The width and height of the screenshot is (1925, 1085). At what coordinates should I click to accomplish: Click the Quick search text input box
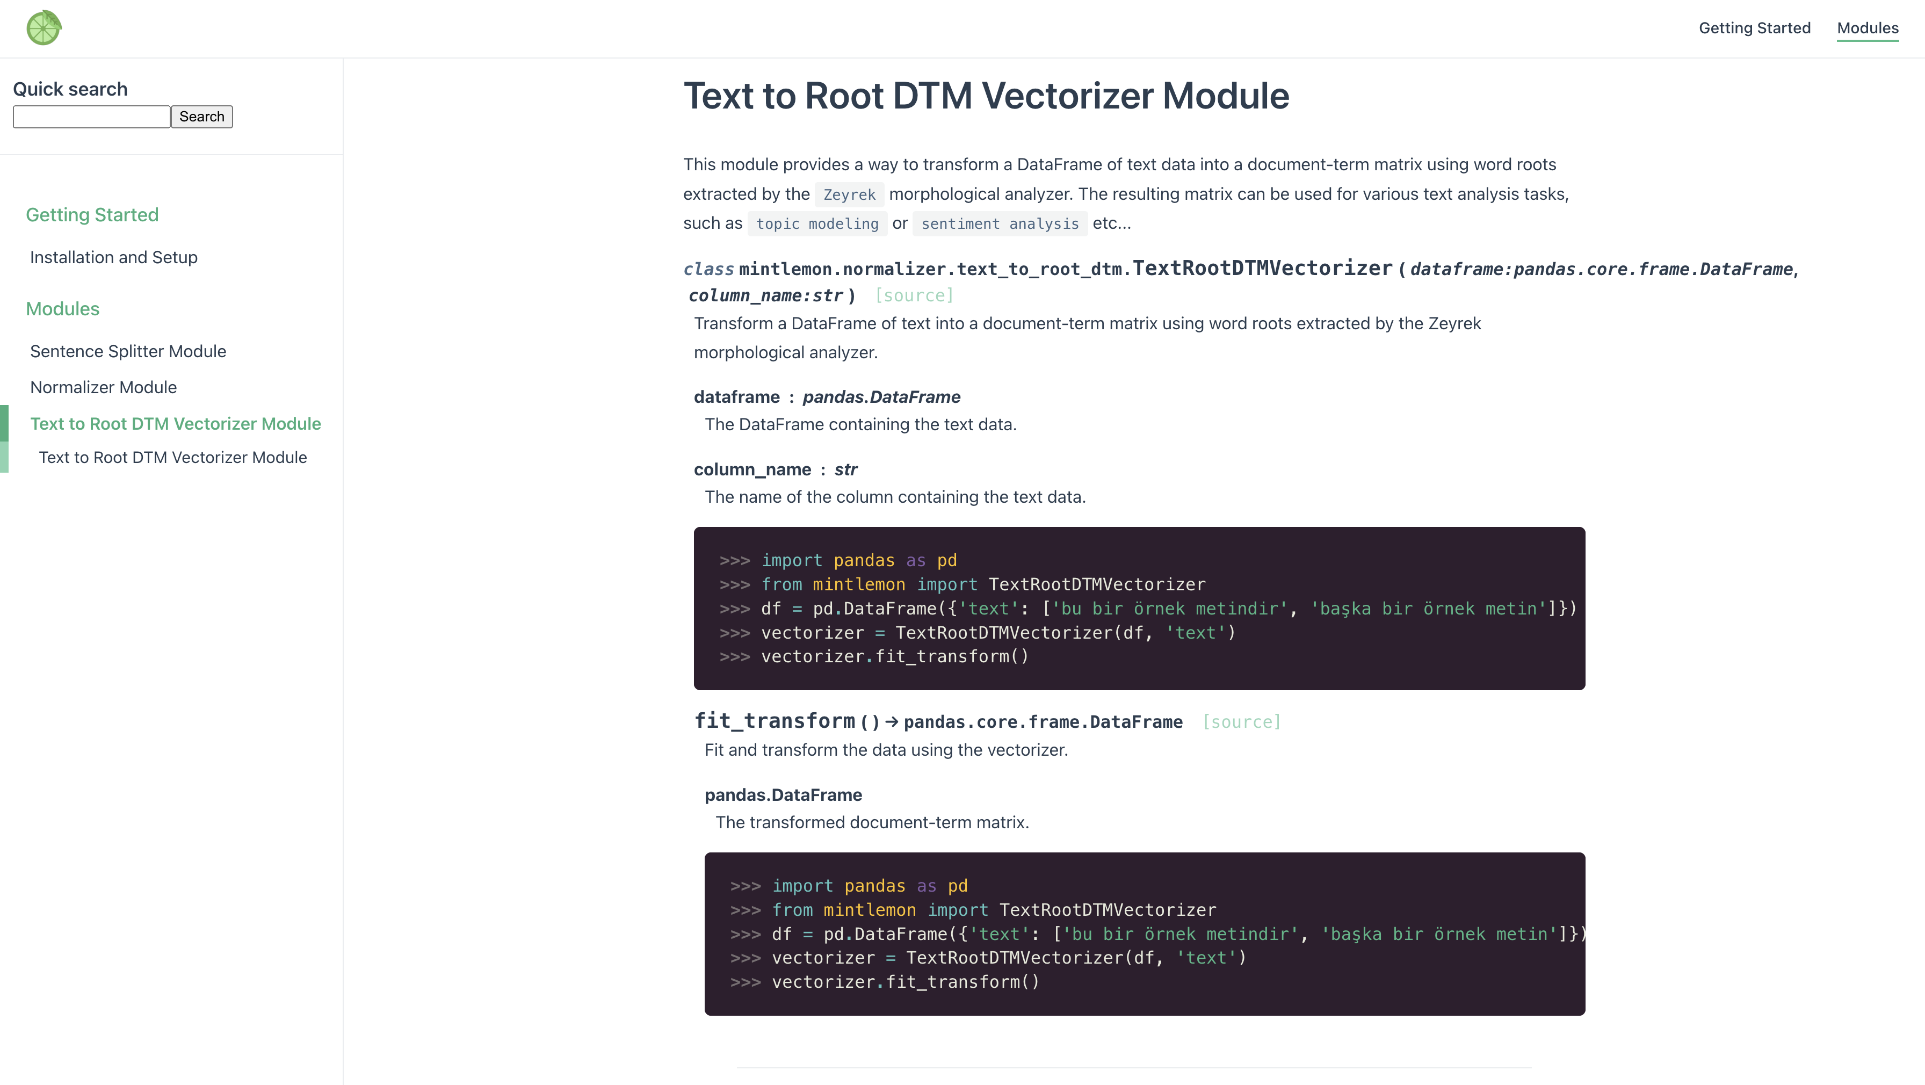[91, 117]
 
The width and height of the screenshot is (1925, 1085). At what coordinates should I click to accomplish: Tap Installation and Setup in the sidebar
[113, 257]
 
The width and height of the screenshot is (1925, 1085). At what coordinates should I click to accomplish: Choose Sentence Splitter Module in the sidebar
[128, 351]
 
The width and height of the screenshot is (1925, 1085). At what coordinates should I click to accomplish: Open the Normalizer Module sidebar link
[103, 387]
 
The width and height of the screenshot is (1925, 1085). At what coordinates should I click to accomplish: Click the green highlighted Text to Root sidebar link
[176, 424]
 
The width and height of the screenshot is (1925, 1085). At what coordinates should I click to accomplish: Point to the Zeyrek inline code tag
[849, 194]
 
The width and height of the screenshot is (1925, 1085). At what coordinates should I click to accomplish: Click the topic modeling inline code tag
[817, 223]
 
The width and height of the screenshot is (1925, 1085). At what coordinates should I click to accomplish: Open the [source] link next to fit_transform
[1241, 722]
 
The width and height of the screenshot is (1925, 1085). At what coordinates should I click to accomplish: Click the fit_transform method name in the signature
[774, 720]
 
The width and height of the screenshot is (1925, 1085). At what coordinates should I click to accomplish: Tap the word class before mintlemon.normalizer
[708, 269]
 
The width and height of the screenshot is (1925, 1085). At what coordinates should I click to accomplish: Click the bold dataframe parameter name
[736, 397]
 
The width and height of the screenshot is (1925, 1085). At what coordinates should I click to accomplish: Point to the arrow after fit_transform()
[892, 722]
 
